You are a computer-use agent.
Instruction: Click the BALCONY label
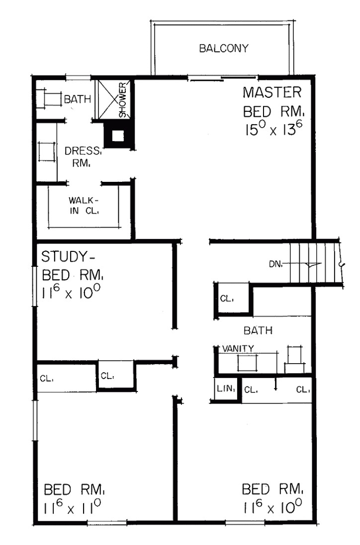[x=223, y=49]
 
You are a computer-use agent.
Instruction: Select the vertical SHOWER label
[x=123, y=100]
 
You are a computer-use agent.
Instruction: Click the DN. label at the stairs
[x=276, y=264]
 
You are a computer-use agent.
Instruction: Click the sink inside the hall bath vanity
[x=247, y=363]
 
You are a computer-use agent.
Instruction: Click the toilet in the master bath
[x=50, y=99]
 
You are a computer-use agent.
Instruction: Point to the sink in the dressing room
[x=46, y=152]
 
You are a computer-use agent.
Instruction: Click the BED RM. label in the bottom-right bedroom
[x=272, y=489]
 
